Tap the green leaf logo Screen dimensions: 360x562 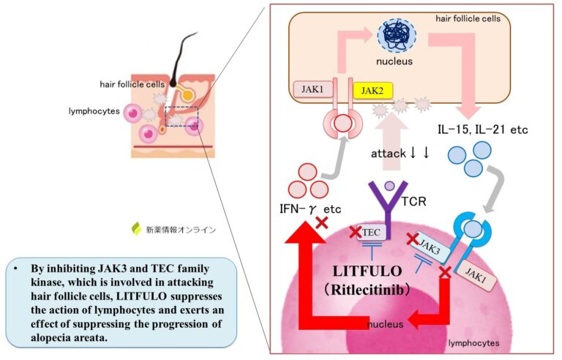pos(135,229)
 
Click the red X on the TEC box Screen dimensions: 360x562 pos(356,232)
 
